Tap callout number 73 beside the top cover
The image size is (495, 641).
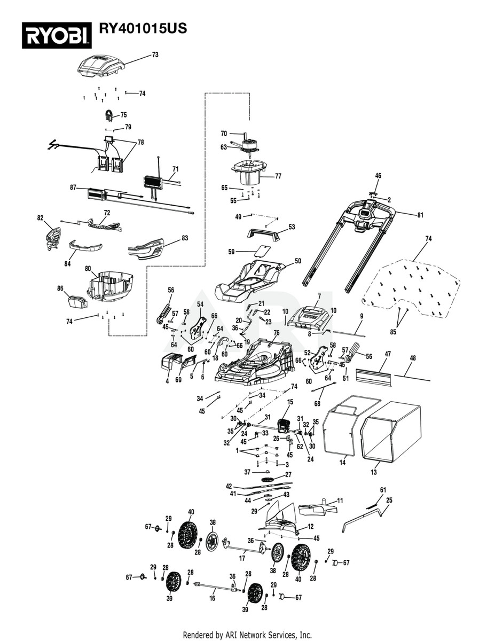point(155,54)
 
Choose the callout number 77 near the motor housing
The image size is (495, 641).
point(278,176)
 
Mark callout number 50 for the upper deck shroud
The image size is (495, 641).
point(297,261)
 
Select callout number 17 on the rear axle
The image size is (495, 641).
point(242,559)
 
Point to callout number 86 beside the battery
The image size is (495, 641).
point(60,288)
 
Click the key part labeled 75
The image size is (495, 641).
point(109,114)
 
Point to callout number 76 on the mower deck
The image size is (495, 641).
point(277,332)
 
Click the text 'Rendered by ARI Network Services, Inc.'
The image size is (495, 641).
point(247,635)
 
